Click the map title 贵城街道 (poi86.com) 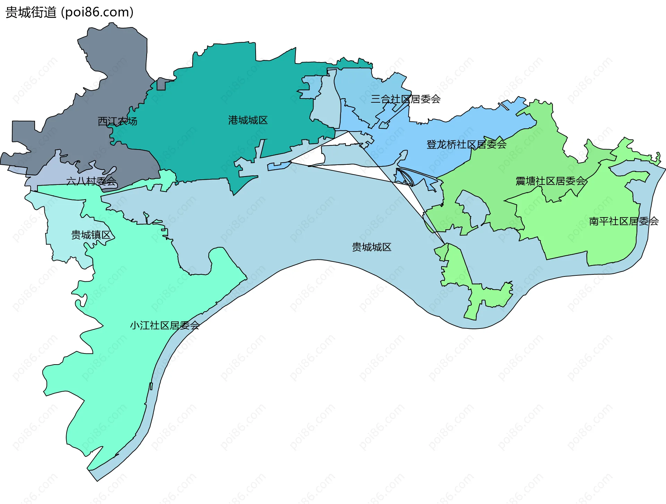(69, 12)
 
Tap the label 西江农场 (117, 121)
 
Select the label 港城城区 (248, 120)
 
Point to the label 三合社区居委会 (405, 99)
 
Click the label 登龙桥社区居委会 (466, 145)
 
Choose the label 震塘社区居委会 (550, 181)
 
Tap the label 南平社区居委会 (623, 221)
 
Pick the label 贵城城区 (372, 247)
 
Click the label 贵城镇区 (91, 235)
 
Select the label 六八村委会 (91, 181)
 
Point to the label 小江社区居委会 (164, 325)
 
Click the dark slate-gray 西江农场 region (114, 69)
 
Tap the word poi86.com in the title (97, 12)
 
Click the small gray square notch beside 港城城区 (161, 84)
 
